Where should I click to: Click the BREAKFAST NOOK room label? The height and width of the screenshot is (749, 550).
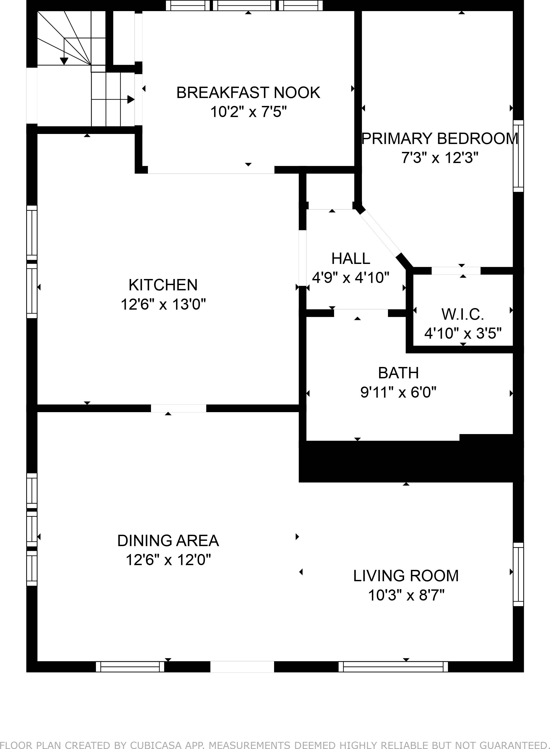[x=248, y=92]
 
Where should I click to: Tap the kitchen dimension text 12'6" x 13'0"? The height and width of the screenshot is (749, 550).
[x=163, y=304]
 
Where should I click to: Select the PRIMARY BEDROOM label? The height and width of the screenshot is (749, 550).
[x=440, y=138]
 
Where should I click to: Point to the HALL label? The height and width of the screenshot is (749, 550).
[x=350, y=259]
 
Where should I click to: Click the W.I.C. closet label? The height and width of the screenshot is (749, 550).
[x=463, y=314]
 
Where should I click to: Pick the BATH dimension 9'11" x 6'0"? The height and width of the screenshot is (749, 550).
[x=398, y=393]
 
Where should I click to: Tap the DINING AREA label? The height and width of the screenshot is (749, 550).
[x=168, y=541]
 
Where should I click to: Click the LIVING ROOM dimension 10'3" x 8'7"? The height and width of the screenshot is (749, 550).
[x=406, y=595]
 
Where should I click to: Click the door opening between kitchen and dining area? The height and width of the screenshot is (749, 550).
[x=178, y=408]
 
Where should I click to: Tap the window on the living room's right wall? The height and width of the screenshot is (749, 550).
[x=518, y=574]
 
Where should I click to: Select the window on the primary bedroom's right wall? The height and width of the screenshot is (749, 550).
[x=518, y=156]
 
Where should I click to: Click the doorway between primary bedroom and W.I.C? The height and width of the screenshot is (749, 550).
[x=456, y=271]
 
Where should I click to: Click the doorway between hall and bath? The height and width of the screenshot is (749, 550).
[x=361, y=313]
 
